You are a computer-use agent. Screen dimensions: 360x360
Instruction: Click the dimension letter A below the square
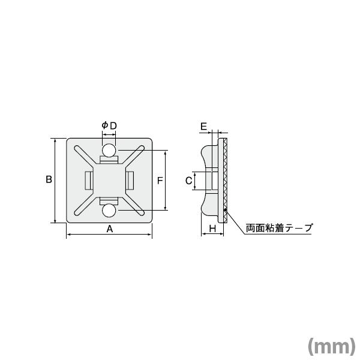tap(110, 228)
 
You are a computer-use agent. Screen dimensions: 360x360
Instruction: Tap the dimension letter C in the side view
tap(188, 180)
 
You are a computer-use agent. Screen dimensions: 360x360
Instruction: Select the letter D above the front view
tap(113, 125)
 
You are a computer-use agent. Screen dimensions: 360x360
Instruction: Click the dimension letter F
tap(160, 180)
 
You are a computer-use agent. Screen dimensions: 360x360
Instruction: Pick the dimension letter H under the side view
tap(212, 228)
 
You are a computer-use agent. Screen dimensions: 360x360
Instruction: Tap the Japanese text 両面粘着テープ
tap(279, 228)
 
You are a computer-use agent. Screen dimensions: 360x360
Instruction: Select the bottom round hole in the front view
tap(109, 211)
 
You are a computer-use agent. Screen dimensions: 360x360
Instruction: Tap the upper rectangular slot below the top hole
tap(109, 160)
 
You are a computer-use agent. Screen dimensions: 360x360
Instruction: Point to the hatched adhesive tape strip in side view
tap(224, 180)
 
